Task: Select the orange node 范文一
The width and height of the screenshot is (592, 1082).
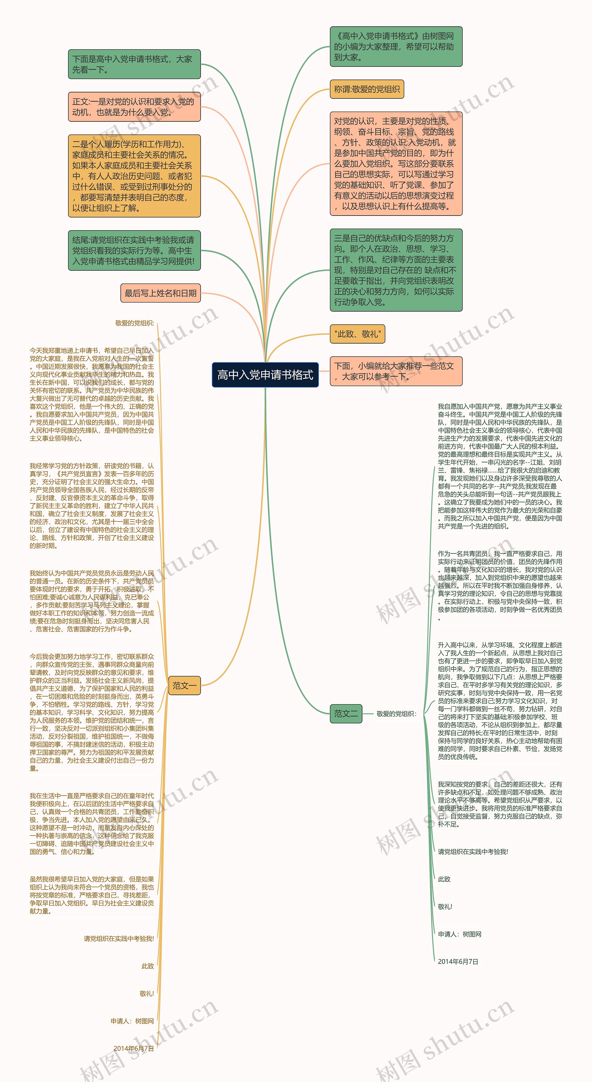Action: [184, 685]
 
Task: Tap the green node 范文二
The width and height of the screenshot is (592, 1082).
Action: [346, 713]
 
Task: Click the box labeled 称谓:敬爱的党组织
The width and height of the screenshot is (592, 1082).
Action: [367, 89]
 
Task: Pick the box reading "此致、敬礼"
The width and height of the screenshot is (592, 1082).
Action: [357, 334]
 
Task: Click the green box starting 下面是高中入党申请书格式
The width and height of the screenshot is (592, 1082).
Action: [134, 64]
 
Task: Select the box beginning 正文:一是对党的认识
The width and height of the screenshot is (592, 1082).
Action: [134, 107]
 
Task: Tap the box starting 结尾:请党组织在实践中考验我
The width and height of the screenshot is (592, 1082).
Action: [134, 250]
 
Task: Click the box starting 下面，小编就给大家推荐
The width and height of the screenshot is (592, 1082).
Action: [396, 371]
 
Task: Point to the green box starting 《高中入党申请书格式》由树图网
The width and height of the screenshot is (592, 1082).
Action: [396, 47]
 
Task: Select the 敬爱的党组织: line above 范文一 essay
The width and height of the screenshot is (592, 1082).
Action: [135, 323]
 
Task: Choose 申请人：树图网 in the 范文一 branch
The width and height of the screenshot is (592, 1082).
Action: [132, 1021]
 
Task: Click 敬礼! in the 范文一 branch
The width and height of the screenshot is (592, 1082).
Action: [147, 993]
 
